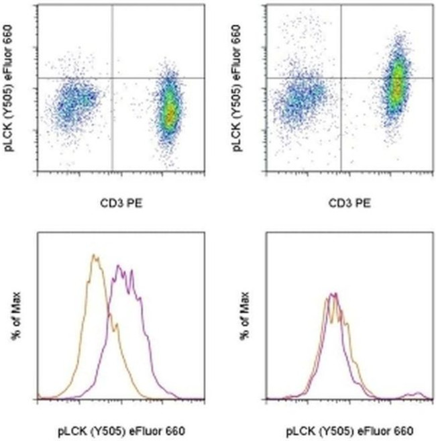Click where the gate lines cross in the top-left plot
pos(111,79)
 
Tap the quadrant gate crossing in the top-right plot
pos(341,79)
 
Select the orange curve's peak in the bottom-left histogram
pos(95,256)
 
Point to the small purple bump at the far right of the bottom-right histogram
pos(417,393)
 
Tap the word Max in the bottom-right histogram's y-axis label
pos(245,303)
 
